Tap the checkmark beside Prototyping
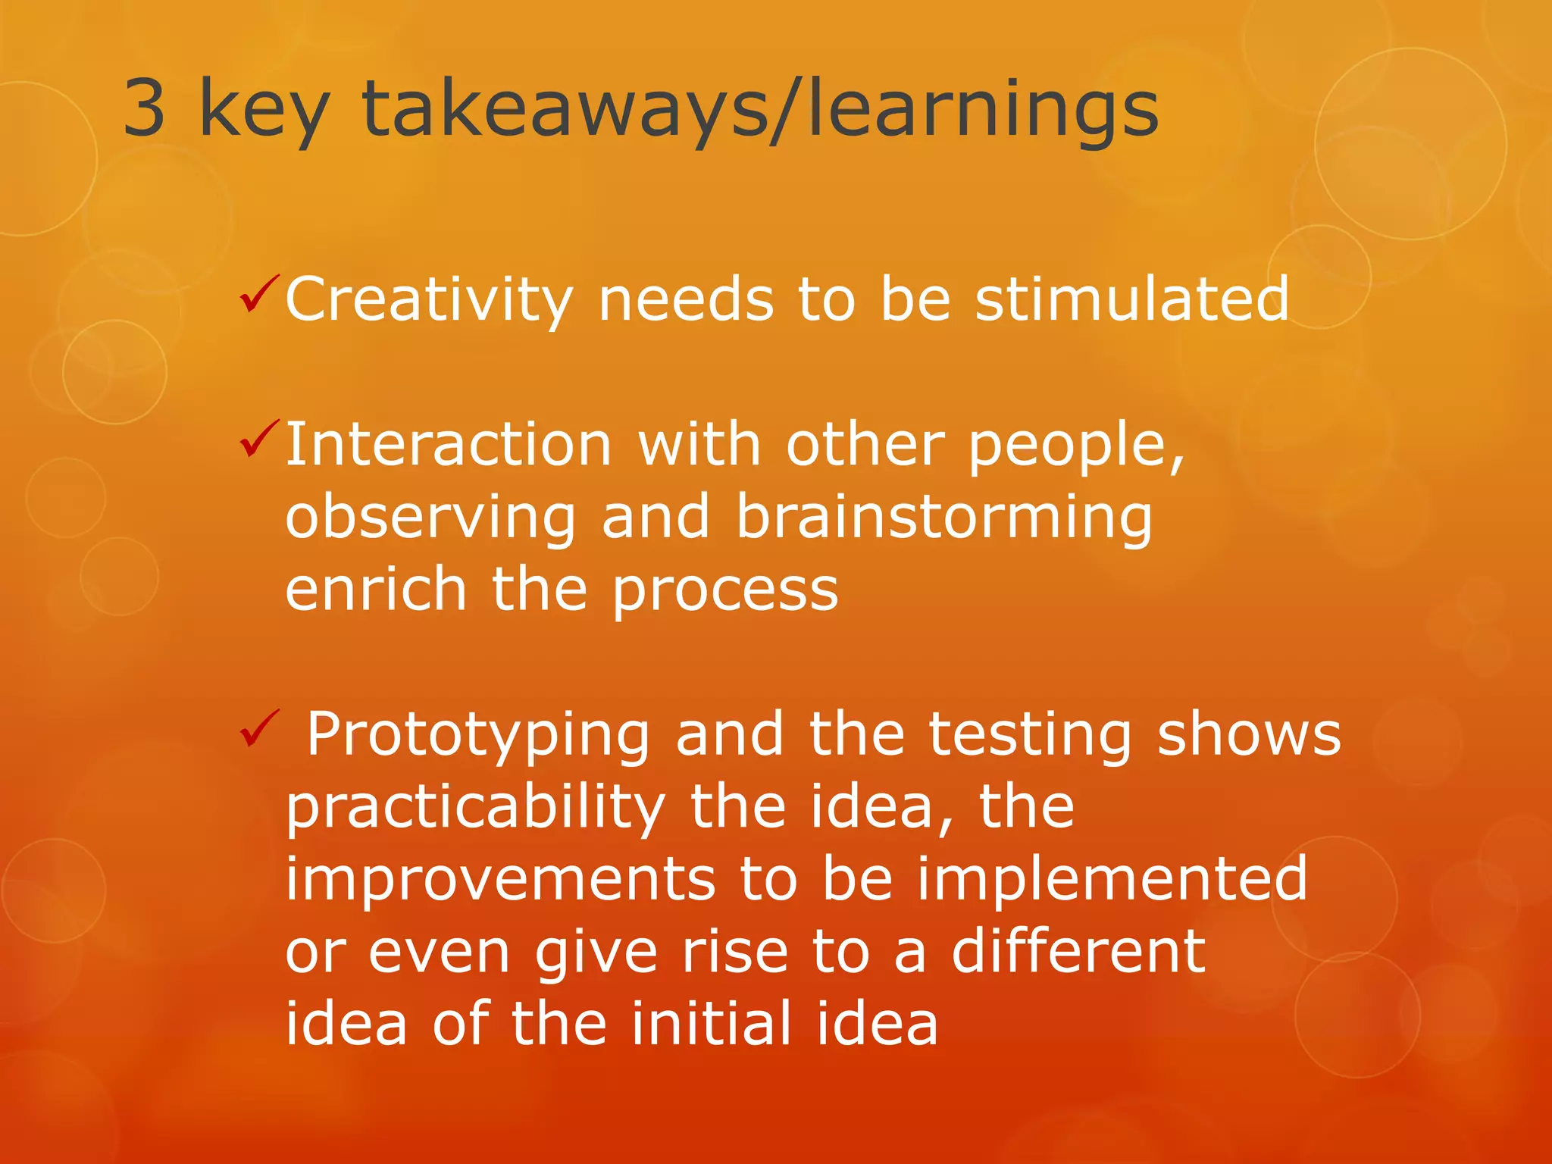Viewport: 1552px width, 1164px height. click(259, 728)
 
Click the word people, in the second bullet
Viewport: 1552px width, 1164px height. click(1076, 447)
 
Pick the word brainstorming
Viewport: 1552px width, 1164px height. click(944, 519)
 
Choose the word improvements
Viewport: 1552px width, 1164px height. click(500, 879)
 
